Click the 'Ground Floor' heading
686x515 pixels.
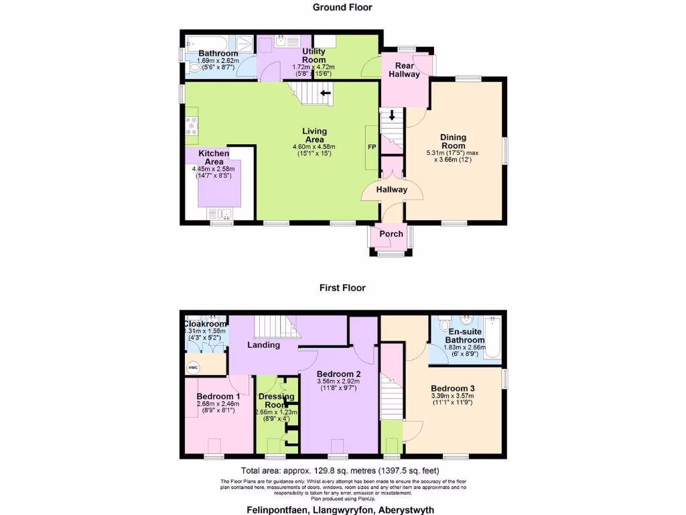[342, 7]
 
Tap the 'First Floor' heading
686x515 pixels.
[342, 288]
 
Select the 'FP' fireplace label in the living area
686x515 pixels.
[370, 147]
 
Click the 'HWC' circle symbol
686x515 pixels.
[193, 367]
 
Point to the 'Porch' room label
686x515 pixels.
[391, 234]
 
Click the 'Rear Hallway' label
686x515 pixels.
[405, 70]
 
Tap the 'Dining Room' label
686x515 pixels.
[453, 141]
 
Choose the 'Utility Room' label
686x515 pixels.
[314, 56]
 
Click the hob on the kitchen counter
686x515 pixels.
[191, 123]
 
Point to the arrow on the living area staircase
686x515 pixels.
[326, 93]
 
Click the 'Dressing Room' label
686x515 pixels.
[276, 400]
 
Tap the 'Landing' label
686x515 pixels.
[263, 345]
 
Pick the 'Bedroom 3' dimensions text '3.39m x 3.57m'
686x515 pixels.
[452, 396]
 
